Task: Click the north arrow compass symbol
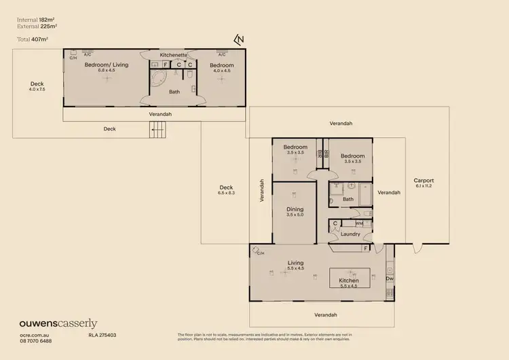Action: (238, 41)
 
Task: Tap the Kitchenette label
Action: (173, 55)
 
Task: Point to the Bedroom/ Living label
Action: (105, 67)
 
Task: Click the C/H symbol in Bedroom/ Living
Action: (73, 58)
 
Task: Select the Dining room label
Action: (294, 211)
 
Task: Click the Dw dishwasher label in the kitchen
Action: (390, 278)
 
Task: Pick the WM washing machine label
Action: (358, 223)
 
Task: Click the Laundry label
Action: (350, 234)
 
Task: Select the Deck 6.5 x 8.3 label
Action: (227, 191)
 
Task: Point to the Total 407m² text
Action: (33, 39)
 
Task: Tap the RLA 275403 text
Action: (102, 336)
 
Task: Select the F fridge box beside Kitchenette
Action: (165, 65)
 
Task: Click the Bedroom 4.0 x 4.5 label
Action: (222, 67)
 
